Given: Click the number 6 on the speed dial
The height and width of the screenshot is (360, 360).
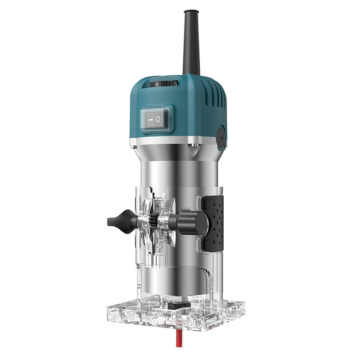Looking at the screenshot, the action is coord(157,84).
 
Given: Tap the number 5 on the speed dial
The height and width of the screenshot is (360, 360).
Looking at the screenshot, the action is coord(175,84).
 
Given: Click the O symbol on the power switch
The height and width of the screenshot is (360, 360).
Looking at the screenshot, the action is coord(158,119).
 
